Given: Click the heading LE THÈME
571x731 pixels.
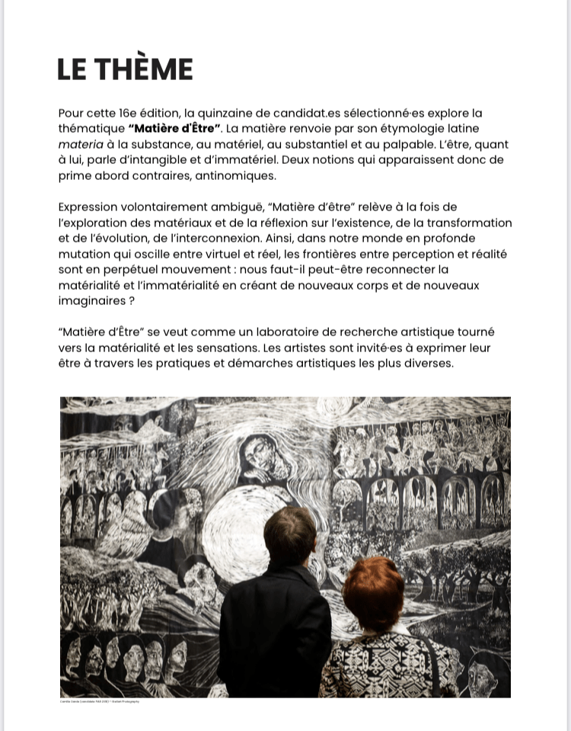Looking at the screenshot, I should (125, 69).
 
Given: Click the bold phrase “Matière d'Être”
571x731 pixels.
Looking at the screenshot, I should (174, 128).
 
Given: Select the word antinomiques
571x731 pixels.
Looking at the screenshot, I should (239, 175).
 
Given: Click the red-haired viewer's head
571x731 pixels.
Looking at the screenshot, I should (373, 592).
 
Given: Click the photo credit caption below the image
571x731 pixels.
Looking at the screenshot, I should (100, 701).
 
